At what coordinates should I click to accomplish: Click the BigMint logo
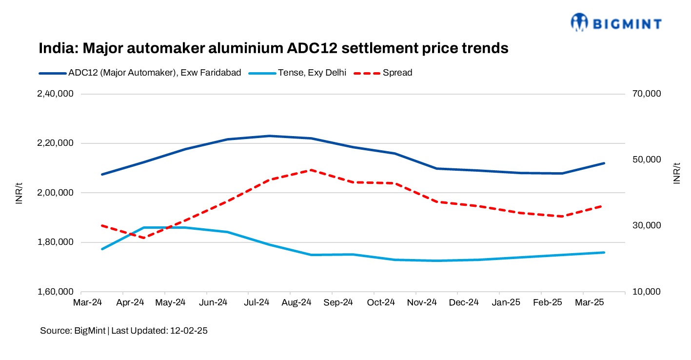coord(616,22)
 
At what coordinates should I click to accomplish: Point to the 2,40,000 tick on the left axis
coord(55,94)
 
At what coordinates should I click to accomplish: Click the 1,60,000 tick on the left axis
coord(55,292)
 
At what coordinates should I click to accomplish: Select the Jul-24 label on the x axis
coord(256,302)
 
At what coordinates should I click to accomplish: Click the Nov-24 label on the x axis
coord(422,302)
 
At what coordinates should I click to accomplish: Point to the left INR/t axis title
coord(19,193)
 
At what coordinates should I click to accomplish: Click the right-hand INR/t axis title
coord(676,173)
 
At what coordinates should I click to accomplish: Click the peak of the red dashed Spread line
coord(310,170)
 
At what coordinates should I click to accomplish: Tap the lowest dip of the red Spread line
coord(143,238)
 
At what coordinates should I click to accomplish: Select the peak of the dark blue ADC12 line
coord(269,136)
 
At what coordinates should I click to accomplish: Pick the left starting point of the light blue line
coord(102,249)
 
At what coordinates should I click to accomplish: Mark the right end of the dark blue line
coord(604,163)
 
